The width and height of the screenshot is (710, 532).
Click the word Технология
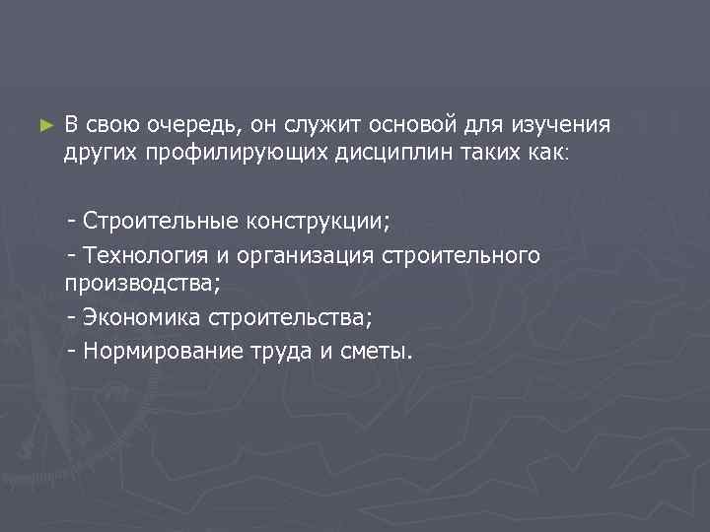tap(144, 255)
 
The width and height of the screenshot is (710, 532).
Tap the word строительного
tap(460, 255)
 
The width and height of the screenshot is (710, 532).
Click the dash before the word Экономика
tap(72, 317)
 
